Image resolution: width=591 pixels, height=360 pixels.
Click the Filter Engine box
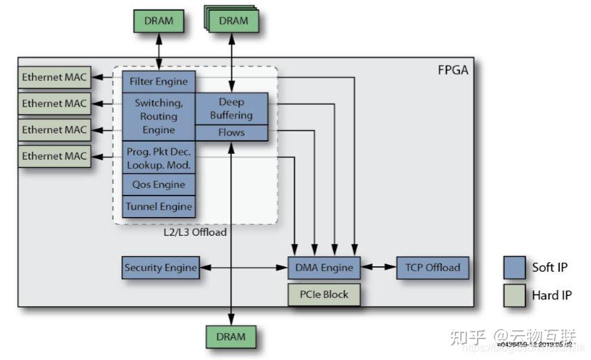[159, 82]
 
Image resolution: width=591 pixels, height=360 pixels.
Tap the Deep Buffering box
[231, 109]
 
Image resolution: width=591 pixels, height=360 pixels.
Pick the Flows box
[231, 133]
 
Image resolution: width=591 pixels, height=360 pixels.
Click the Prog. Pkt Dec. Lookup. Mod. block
[159, 158]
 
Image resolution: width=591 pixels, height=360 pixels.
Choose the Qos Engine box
[159, 185]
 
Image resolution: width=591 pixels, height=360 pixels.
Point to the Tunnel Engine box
[159, 206]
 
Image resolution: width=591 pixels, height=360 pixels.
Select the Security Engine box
[161, 268]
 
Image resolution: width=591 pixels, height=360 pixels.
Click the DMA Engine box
[324, 268]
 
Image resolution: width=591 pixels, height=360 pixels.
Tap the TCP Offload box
[432, 268]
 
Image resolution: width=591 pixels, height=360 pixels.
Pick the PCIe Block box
[324, 295]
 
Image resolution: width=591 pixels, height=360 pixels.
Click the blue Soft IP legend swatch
[514, 268]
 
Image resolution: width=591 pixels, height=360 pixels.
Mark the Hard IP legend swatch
[514, 295]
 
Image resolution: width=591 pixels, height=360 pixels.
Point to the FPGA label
[453, 69]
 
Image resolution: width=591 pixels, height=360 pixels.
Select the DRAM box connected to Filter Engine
[159, 21]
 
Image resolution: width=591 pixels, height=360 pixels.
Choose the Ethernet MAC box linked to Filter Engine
[54, 78]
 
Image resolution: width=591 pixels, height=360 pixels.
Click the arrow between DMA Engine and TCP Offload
[378, 268]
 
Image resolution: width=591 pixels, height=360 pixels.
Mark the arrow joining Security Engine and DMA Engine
[243, 268]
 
